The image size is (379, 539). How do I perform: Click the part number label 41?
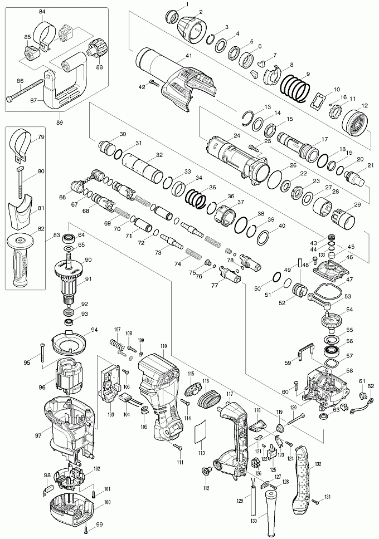188,56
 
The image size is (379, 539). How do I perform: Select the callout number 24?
237,135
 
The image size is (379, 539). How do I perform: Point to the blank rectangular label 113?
199,433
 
